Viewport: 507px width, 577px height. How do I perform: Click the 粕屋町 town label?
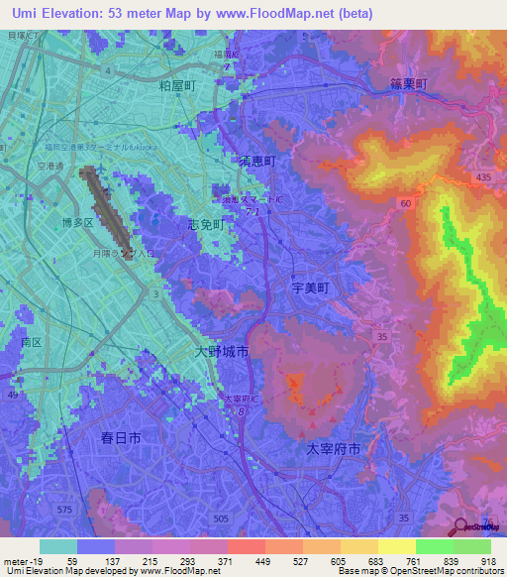point(178,87)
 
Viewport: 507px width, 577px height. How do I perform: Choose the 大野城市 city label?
point(221,351)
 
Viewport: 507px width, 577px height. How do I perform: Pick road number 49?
point(14,395)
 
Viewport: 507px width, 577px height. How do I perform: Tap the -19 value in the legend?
point(34,562)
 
